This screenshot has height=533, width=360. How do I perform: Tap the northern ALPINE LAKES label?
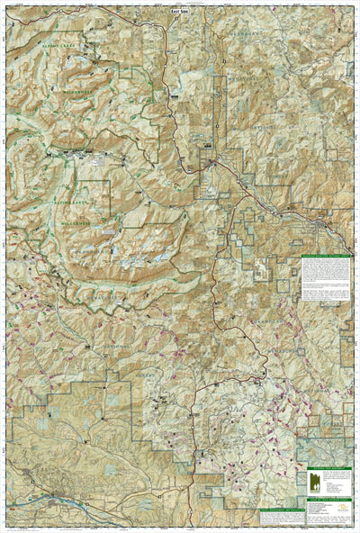[46, 69]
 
